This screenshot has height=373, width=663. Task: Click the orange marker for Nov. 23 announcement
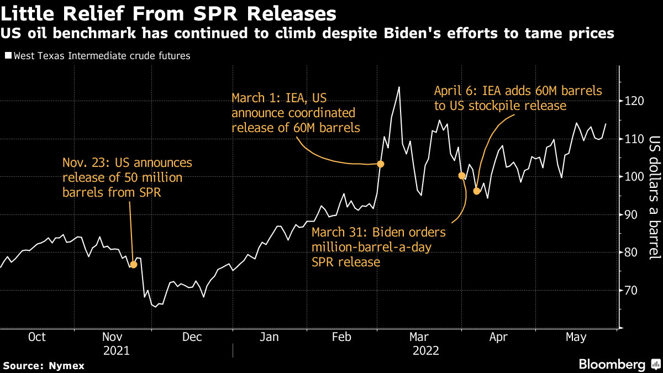(x=133, y=265)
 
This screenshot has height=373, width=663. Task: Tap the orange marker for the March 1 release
(x=380, y=164)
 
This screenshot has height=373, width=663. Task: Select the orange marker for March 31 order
(x=461, y=176)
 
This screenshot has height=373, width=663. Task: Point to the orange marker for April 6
(x=477, y=191)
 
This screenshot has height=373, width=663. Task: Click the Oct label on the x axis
(x=36, y=337)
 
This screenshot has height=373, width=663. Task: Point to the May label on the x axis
(x=576, y=337)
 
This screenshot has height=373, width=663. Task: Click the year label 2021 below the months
(x=116, y=350)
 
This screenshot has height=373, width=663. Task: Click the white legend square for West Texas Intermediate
(x=8, y=56)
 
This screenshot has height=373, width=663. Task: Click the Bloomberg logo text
(x=612, y=364)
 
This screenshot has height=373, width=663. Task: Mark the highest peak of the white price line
(x=399, y=87)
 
